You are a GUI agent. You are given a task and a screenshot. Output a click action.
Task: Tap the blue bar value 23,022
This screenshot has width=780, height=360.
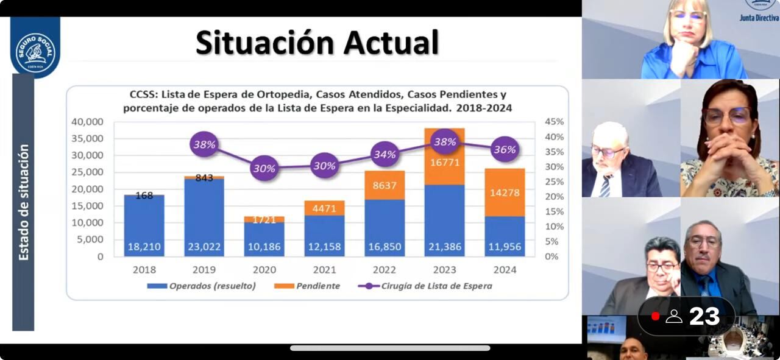(204, 247)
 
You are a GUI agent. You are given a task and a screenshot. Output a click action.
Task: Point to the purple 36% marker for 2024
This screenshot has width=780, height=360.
(505, 149)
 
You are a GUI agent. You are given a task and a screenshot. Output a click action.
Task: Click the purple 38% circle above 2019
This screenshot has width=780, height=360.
(204, 144)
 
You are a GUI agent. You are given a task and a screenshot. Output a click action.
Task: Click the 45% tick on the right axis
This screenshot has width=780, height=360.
(555, 122)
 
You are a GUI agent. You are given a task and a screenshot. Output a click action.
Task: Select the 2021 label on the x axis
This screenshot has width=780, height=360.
(324, 270)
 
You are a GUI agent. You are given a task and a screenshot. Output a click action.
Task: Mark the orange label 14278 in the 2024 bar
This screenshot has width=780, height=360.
(505, 193)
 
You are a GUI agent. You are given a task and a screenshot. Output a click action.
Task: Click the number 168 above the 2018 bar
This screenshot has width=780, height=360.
(144, 196)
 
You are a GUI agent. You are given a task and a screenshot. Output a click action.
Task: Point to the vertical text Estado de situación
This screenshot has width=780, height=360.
(23, 202)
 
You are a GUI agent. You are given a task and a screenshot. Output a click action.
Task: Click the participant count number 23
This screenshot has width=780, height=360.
(704, 316)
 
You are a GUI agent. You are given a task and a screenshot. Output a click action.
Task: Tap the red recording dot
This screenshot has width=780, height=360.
(655, 316)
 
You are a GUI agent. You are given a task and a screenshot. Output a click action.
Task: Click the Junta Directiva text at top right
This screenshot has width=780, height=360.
(759, 18)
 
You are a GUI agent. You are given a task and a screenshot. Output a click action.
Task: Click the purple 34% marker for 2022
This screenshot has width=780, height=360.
(385, 155)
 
